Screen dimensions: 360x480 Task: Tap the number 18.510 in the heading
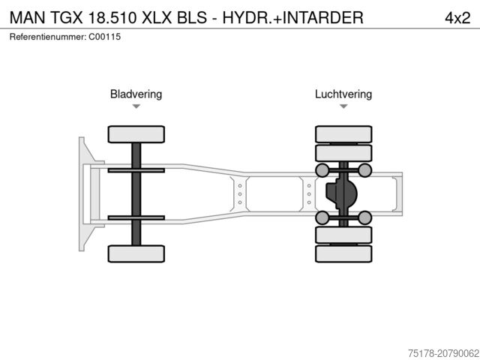click(115, 17)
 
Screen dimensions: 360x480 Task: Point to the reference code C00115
click(104, 37)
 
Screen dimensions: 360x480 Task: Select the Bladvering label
click(136, 94)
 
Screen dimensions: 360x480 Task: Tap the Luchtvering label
click(343, 94)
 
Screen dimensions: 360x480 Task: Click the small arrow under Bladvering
click(136, 106)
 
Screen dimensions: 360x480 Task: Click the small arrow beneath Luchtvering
click(343, 106)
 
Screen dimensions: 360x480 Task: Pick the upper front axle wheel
click(136, 135)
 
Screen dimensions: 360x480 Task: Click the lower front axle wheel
click(136, 253)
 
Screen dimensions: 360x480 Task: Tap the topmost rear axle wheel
click(343, 135)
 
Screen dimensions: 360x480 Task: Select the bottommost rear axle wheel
click(343, 253)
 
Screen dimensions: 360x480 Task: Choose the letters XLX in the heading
click(165, 17)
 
